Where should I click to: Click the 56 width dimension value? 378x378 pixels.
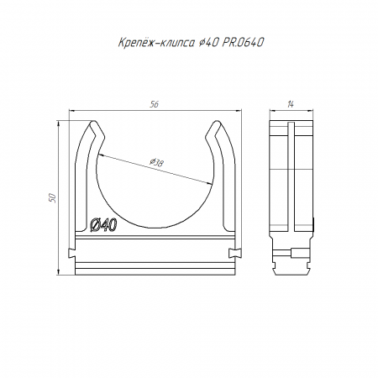(154, 104)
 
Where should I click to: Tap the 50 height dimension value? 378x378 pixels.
(53, 198)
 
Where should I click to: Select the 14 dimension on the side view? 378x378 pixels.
(291, 104)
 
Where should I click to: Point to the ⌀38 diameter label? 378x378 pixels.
(156, 162)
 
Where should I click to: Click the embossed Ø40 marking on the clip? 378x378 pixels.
(103, 225)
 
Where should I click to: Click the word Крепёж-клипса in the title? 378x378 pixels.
(156, 43)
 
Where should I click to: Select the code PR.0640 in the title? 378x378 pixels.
(243, 43)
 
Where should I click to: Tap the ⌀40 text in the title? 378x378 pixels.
(207, 43)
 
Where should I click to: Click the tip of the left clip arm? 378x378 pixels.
(93, 122)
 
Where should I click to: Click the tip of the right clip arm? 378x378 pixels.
(216, 122)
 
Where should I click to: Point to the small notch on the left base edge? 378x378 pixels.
(72, 253)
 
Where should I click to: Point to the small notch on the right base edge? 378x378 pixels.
(234, 253)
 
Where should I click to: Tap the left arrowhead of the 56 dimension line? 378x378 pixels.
(71, 110)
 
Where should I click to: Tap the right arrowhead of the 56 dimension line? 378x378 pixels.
(239, 110)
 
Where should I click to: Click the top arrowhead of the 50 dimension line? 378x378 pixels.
(59, 124)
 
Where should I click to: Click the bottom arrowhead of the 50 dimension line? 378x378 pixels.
(59, 271)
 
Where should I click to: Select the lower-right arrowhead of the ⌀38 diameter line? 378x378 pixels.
(209, 183)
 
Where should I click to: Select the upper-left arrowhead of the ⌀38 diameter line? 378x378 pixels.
(101, 155)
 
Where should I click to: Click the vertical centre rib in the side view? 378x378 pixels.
(291, 177)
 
